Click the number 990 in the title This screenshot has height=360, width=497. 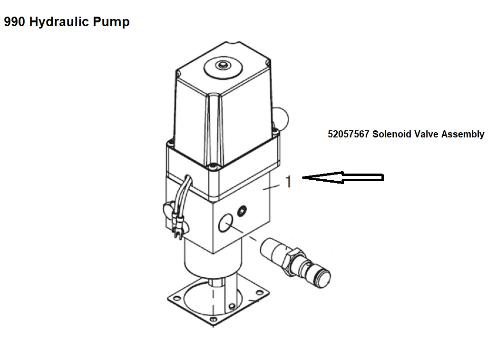coord(14,22)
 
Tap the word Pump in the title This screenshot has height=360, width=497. coord(111,22)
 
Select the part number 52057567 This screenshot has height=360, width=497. coord(348,134)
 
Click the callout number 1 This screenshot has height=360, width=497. coord(288,182)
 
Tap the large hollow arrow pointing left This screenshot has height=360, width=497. coord(343,177)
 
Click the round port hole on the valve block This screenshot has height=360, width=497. coord(225,222)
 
